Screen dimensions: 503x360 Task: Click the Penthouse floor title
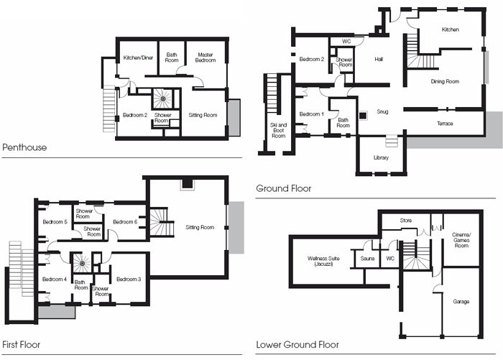[24, 147]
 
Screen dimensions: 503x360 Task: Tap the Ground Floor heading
[284, 188]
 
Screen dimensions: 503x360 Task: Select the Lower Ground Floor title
[297, 345]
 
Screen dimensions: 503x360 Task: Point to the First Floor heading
[21, 345]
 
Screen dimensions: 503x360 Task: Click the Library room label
[381, 157]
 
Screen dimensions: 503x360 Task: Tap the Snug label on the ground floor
[382, 111]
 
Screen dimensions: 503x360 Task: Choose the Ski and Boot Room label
[279, 130]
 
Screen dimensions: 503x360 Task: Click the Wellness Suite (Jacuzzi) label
[323, 261]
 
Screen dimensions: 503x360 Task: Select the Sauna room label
[367, 258]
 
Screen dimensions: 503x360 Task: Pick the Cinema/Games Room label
[461, 240]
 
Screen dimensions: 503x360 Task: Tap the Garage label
[461, 302]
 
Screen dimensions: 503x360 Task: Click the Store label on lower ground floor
[406, 221]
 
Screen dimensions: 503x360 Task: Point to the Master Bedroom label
[206, 57]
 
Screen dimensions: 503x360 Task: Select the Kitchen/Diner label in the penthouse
[138, 57]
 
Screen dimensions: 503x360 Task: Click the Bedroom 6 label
[125, 222]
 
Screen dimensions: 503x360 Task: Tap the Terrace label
[445, 124]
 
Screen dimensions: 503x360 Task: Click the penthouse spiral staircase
[162, 98]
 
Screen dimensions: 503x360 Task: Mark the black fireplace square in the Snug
[362, 116]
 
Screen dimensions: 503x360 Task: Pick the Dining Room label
[445, 81]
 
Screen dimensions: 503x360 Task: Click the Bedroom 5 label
[55, 222]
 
